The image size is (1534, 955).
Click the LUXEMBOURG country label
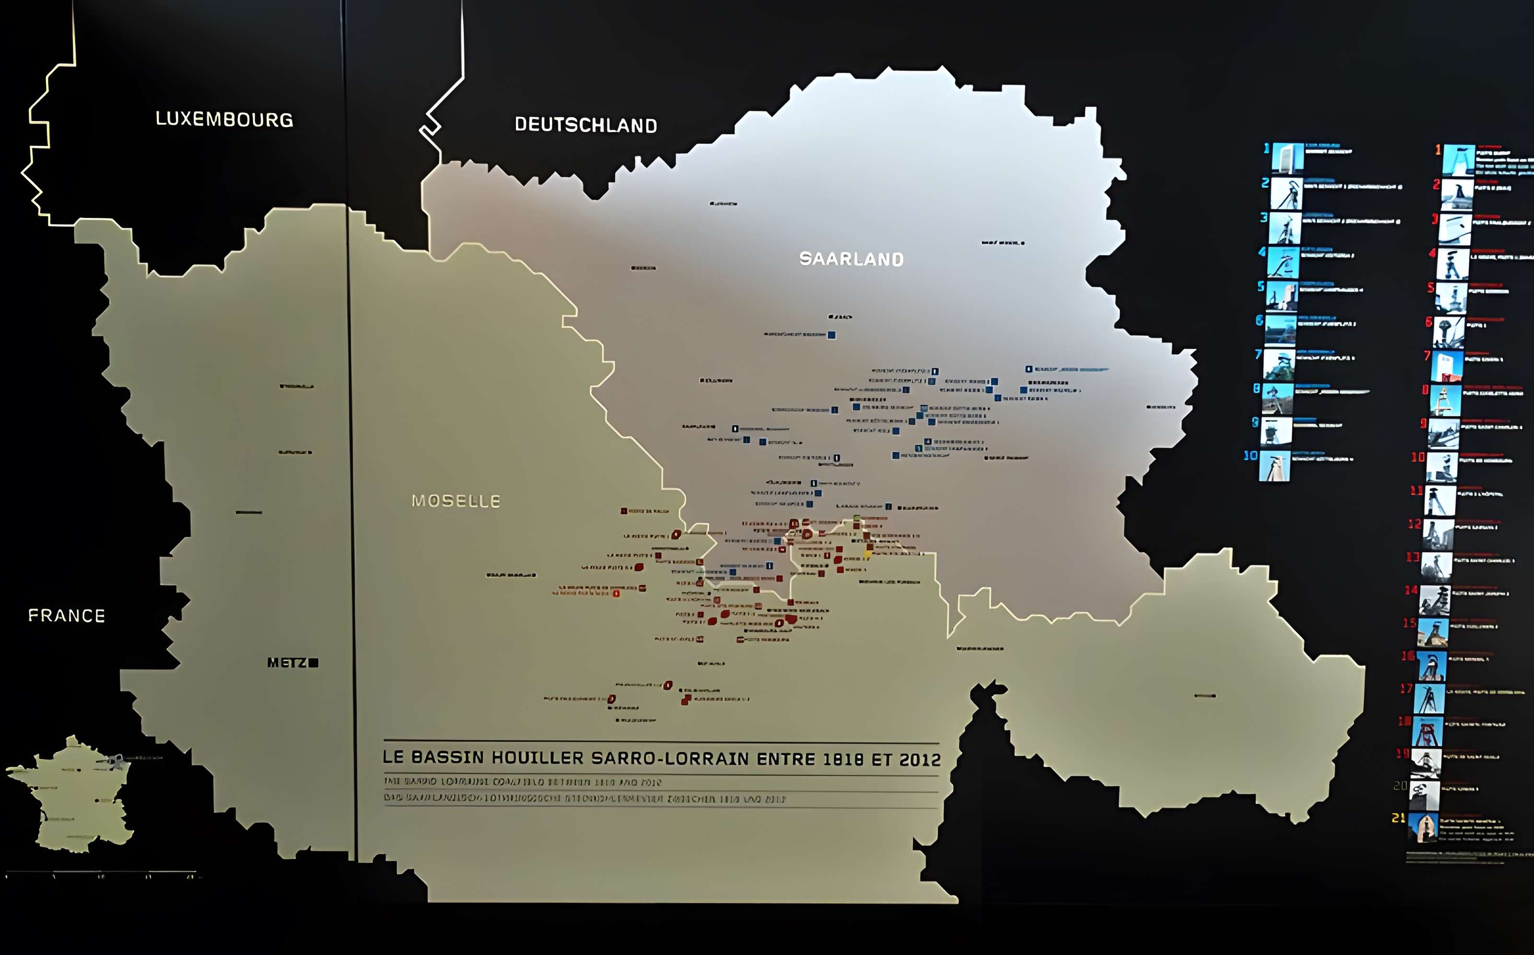pyautogui.click(x=224, y=119)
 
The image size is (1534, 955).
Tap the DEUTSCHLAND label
pyautogui.click(x=585, y=125)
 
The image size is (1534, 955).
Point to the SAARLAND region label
pyautogui.click(x=851, y=259)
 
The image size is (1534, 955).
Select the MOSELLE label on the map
pyautogui.click(x=455, y=501)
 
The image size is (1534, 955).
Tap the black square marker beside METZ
pyautogui.click(x=314, y=663)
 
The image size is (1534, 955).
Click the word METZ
pyautogui.click(x=287, y=663)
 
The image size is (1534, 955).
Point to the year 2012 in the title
pyautogui.click(x=919, y=760)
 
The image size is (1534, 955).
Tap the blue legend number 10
pyautogui.click(x=1250, y=455)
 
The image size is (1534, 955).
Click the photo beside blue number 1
pyautogui.click(x=1287, y=158)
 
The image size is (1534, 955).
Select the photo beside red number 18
pyautogui.click(x=1427, y=732)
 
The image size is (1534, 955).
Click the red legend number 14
pyautogui.click(x=1411, y=590)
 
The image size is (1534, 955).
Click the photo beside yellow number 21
pyautogui.click(x=1423, y=827)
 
